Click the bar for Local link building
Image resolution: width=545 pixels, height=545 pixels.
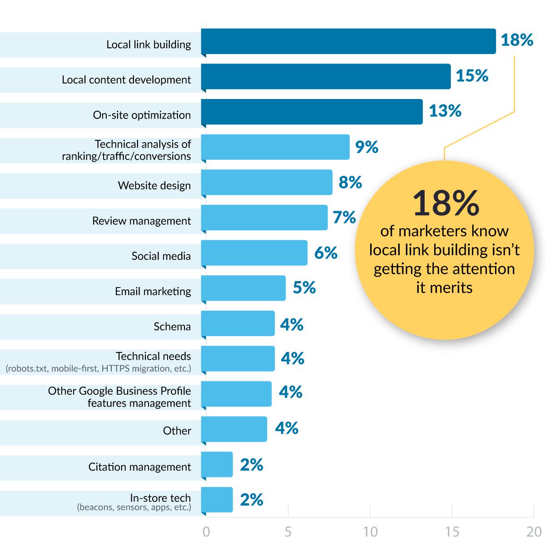coord(348,41)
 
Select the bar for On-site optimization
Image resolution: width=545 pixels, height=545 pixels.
coord(312,112)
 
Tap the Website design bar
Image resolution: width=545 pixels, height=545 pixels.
coord(267,182)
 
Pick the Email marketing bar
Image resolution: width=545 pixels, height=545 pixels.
coord(243,288)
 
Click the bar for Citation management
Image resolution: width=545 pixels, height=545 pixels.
coord(217,464)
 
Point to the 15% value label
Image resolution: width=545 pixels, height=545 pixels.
coord(472,76)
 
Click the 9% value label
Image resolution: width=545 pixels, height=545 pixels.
coord(367,147)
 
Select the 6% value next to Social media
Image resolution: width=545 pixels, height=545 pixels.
coord(326,253)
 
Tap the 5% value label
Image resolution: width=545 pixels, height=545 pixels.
coord(304,287)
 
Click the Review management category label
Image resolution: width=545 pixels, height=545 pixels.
coord(141,221)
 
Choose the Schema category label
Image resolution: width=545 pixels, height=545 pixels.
coord(172,327)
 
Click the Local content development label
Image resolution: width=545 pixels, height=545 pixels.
coord(126,80)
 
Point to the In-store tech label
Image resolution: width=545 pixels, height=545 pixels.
coord(160,498)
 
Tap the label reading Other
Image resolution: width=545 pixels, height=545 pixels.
coord(177,431)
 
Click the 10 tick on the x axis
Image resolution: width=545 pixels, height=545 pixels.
coord(371,532)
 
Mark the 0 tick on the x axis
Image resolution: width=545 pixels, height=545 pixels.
coord(206,532)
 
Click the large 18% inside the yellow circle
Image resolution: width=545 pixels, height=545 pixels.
coord(446,204)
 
